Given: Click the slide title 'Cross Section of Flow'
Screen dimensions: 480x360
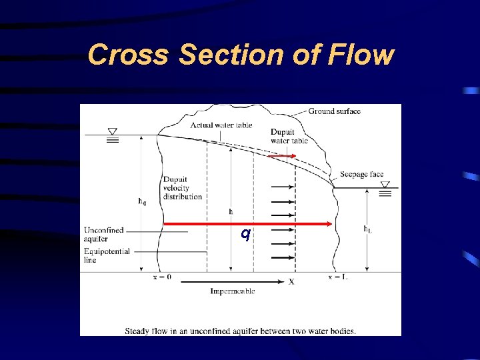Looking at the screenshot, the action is click(241, 55).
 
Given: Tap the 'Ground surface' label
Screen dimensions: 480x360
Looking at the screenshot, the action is click(334, 111).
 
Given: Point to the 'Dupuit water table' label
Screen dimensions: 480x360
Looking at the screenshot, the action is click(289, 136).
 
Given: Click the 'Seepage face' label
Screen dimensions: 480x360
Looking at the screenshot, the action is click(361, 175).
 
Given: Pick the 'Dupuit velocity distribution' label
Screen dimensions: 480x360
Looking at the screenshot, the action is click(182, 188).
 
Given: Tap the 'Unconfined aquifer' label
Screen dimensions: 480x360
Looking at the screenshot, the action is click(104, 234).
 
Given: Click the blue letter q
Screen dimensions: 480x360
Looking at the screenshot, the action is click(245, 233).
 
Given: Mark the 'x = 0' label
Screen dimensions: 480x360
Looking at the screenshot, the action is click(162, 277).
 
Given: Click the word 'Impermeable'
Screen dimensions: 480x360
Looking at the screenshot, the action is click(232, 291).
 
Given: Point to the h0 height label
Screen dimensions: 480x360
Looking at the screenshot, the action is click(142, 201).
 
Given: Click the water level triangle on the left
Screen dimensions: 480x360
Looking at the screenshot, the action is click(112, 132).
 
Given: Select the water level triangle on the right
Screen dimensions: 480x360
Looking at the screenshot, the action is click(385, 185).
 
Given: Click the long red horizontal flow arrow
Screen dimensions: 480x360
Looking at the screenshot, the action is click(247, 223).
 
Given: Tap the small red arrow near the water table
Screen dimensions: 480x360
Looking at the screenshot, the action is click(283, 156).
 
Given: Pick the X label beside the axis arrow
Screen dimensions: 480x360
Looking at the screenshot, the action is click(291, 281).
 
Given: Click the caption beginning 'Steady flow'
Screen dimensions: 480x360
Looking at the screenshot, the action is click(240, 331).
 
